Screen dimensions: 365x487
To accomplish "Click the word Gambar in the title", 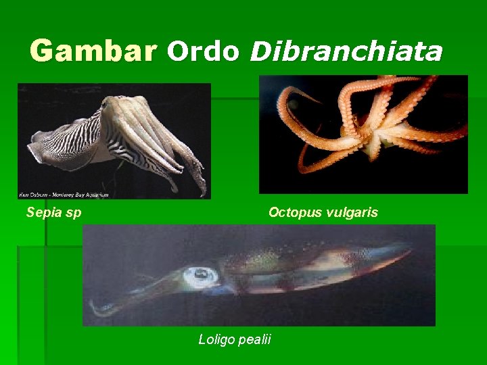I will click(93, 51).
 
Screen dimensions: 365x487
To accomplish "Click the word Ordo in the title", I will click(203, 51).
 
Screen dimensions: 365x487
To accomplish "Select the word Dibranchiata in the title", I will click(346, 51).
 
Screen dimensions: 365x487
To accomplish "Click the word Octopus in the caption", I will click(295, 213).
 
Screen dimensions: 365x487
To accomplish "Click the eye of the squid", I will click(201, 274).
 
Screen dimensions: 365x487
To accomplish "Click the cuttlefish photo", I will click(114, 141).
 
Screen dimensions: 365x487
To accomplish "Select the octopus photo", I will click(363, 134).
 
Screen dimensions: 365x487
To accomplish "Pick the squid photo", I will click(259, 275).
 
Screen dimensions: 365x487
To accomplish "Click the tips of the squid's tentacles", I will click(98, 310).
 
